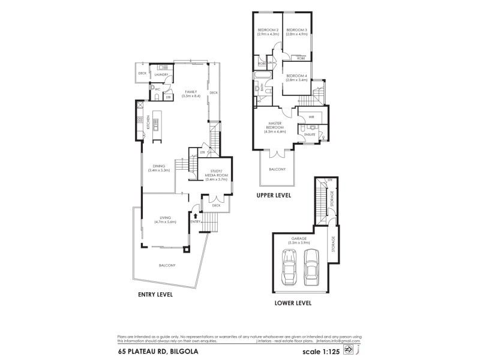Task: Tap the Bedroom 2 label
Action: point(268,32)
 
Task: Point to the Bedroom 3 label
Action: point(296,32)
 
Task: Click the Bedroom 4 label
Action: point(296,77)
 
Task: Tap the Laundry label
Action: point(161,74)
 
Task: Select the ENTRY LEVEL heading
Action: point(155,295)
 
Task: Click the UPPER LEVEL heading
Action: point(274,196)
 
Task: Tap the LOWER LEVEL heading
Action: point(293,303)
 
